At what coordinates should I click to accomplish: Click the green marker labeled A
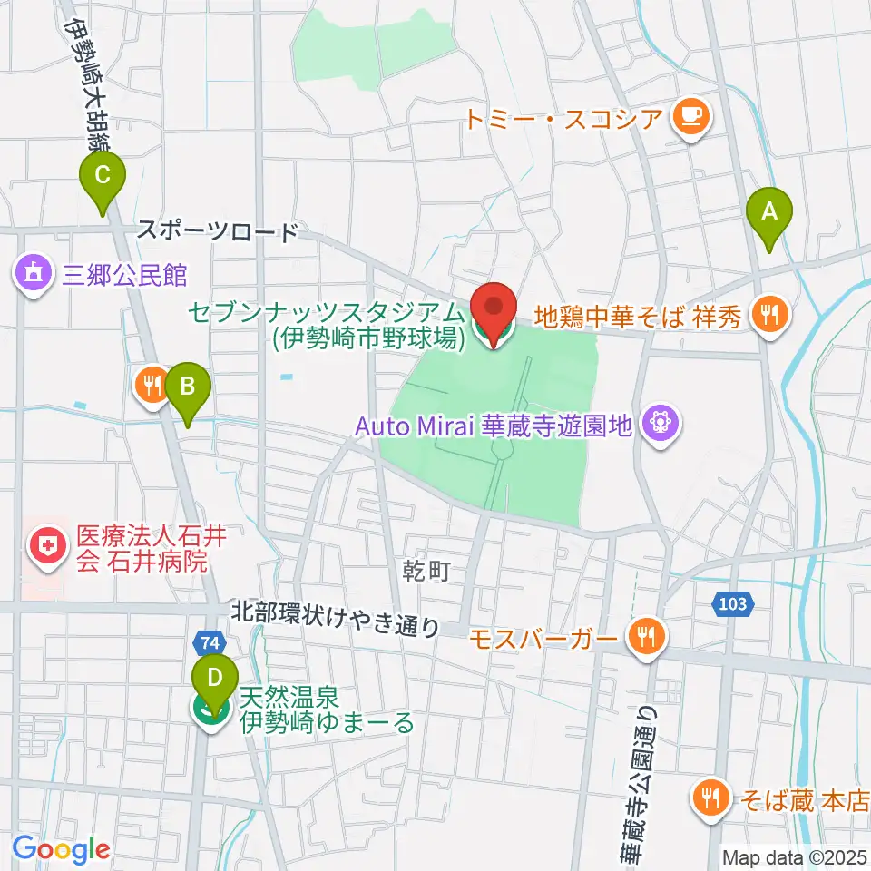769,214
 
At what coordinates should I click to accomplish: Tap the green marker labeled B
188,388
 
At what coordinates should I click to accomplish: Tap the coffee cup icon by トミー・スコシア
691,116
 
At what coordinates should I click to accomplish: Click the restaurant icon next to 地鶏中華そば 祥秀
770,315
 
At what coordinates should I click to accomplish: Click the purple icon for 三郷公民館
34,272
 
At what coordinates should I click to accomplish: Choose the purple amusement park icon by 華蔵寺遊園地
661,423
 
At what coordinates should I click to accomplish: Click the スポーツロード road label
218,231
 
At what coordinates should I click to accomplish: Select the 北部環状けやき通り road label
335,625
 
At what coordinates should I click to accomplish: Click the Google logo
61,849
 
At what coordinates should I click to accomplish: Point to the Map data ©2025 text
795,856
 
